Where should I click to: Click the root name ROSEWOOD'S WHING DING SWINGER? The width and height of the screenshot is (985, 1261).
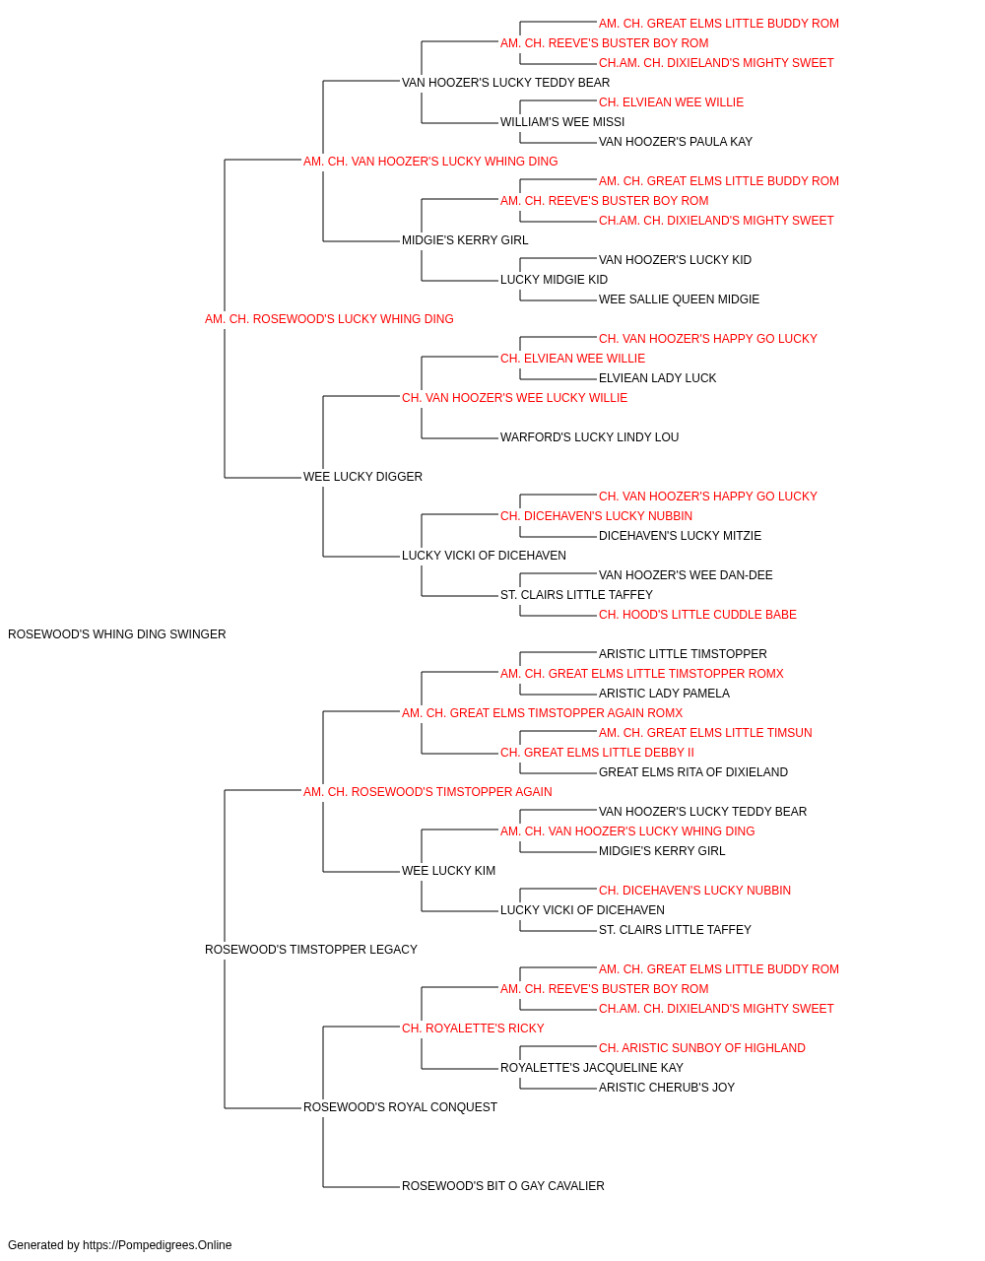[x=116, y=634]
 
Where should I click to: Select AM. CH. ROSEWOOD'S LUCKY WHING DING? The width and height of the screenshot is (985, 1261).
[x=329, y=319]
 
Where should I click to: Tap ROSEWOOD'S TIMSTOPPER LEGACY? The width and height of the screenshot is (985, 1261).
[x=311, y=950]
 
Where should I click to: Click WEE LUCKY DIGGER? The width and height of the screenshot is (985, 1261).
[x=362, y=477]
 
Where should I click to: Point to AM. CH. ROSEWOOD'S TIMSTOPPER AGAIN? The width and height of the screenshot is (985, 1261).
[x=427, y=791]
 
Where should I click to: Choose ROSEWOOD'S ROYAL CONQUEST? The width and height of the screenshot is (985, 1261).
[x=400, y=1107]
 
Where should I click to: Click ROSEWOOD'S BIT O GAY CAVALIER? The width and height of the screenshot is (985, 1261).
[x=503, y=1186]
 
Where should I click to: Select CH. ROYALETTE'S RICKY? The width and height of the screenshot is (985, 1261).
[x=473, y=1029]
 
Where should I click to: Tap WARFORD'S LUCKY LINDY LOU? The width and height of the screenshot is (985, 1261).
[x=589, y=437]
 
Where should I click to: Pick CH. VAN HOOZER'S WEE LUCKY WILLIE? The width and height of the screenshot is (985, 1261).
[x=514, y=397]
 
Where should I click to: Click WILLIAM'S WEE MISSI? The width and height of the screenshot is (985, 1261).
[x=562, y=122]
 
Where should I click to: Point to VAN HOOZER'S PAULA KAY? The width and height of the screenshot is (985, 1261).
[x=676, y=142]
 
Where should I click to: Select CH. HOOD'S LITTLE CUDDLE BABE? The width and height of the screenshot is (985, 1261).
[x=697, y=615]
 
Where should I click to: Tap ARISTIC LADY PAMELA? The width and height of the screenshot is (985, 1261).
[x=664, y=694]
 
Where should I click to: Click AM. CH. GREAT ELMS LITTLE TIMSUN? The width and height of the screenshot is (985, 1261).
[x=705, y=733]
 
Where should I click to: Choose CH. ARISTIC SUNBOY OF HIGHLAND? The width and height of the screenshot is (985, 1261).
[x=702, y=1048]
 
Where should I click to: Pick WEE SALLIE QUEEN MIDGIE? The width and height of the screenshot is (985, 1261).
[x=679, y=299]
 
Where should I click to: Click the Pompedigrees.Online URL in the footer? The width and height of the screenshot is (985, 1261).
[x=157, y=1245]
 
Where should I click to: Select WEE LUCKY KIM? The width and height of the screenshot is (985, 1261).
[x=448, y=871]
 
